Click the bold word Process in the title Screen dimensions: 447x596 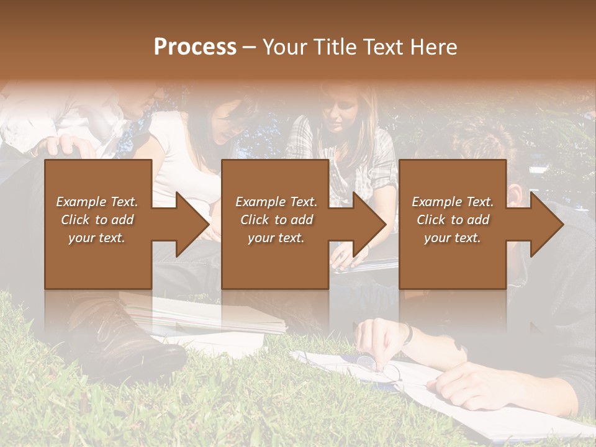click(195, 47)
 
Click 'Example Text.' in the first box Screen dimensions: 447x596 click(97, 202)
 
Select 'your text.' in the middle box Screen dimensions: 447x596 click(276, 238)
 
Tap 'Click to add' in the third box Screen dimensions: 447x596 click(453, 220)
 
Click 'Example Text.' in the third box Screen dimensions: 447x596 click(453, 202)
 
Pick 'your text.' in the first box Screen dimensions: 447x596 click(97, 238)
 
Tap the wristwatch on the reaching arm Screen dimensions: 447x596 click(407, 333)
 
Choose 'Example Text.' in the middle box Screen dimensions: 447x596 click(276, 202)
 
